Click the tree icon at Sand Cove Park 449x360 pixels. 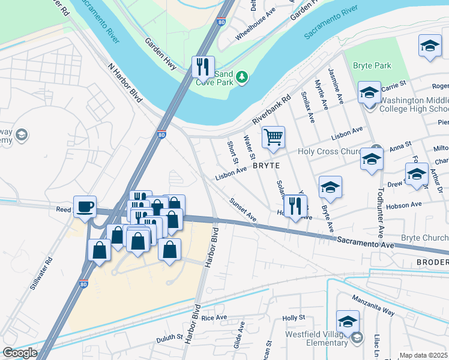241,77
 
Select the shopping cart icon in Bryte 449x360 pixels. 273,137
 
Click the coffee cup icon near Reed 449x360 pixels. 85,206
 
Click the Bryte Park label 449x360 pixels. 373,65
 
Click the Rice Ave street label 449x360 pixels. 214,317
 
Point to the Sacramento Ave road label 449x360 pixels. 364,243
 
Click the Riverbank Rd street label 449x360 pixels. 271,109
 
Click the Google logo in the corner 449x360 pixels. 20,353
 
